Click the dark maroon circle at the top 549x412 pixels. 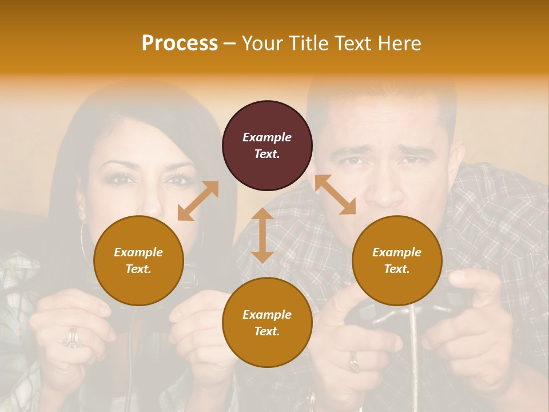(267, 145)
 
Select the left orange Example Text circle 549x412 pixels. (138, 260)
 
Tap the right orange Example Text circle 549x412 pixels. (397, 260)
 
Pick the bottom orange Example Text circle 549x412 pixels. (267, 322)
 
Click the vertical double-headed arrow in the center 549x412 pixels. (262, 235)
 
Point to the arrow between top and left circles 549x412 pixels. (198, 201)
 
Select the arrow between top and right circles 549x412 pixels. (335, 195)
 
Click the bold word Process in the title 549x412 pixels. (180, 43)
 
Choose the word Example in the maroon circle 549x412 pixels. (267, 137)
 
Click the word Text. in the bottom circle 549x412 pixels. (267, 331)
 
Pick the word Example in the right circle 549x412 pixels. (397, 252)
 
